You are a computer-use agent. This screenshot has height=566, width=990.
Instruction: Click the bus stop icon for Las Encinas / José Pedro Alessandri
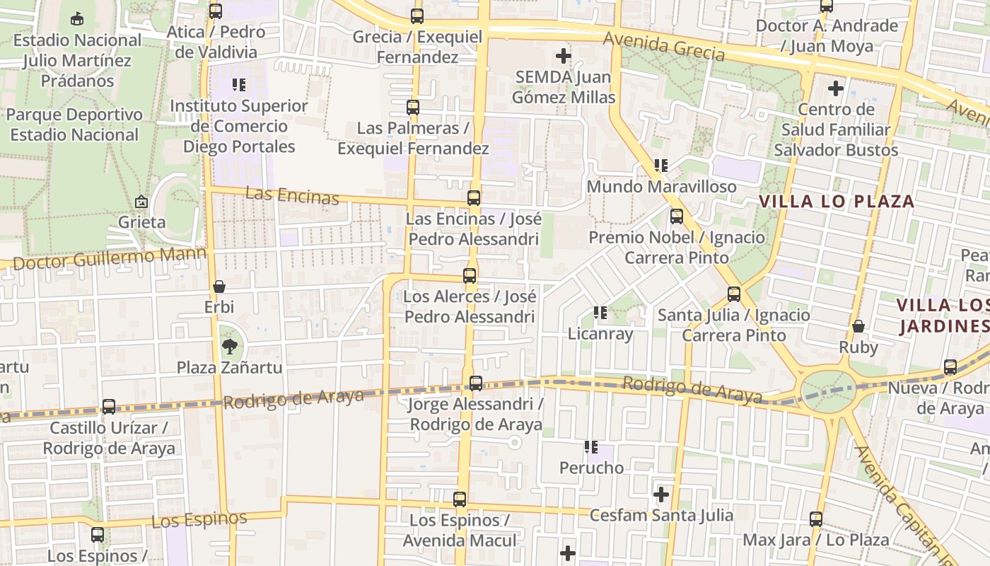click(474, 198)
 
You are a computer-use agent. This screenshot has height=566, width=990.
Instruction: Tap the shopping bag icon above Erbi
click(219, 287)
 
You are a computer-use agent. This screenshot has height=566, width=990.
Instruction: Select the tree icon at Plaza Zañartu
click(229, 346)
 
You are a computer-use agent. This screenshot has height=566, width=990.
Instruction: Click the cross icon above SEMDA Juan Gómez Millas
click(564, 55)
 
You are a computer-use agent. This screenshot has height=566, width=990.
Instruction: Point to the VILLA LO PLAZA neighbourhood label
click(837, 201)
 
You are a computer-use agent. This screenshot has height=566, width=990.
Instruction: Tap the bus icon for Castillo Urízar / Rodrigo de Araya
click(109, 407)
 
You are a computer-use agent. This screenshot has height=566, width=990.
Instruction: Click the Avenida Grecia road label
click(664, 47)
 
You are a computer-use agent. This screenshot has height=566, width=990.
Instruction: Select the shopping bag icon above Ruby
click(858, 326)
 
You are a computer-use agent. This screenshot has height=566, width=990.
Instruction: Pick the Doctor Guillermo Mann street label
click(110, 258)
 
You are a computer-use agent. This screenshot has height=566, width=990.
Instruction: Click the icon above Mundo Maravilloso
click(661, 166)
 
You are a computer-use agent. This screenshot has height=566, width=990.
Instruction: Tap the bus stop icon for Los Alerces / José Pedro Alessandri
click(470, 276)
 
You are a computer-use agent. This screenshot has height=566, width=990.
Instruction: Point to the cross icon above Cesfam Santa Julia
click(661, 494)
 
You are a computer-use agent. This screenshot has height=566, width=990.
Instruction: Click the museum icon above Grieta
click(141, 202)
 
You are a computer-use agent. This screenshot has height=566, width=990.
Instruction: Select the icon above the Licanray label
click(600, 312)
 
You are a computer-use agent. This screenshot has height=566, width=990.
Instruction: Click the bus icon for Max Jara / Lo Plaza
click(816, 519)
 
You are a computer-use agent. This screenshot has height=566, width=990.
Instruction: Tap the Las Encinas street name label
click(292, 195)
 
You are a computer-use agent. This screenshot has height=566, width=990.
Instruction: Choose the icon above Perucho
click(591, 447)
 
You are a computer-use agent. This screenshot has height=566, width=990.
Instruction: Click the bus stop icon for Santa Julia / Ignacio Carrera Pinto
click(734, 294)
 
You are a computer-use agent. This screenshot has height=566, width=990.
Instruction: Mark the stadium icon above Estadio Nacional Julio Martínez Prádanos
click(77, 18)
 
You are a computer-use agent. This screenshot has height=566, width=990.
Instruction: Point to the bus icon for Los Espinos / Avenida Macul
click(460, 499)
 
